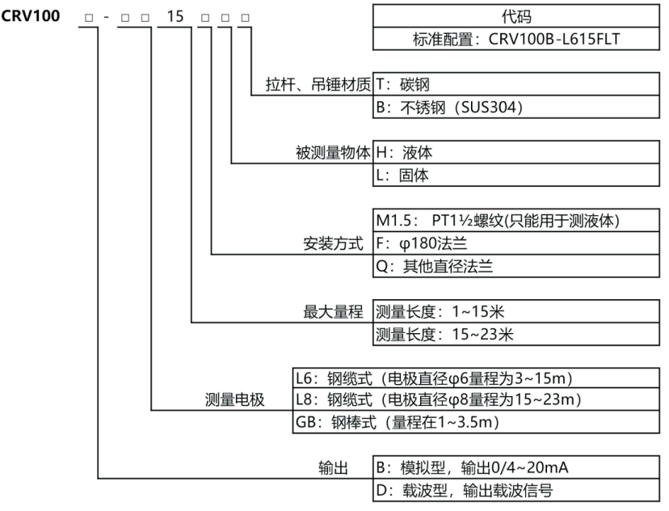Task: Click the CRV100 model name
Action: [31, 16]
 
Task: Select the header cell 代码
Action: [516, 16]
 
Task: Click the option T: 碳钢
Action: [410, 83]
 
